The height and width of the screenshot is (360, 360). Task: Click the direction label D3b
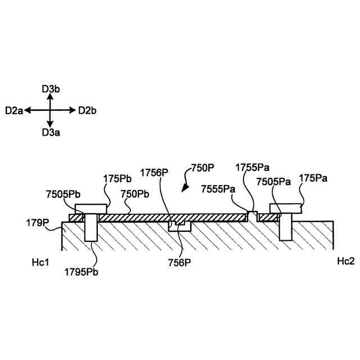[x=50, y=88]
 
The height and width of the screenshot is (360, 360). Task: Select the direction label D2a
[x=14, y=111]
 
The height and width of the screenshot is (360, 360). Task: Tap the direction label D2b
[x=87, y=111]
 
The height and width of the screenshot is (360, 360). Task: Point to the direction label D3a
[x=50, y=133]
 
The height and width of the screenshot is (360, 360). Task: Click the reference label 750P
[x=203, y=168]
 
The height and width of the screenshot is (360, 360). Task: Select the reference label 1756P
[x=154, y=172]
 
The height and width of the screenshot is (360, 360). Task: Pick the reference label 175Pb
[x=117, y=179]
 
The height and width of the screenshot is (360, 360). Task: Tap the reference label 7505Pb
[x=63, y=194]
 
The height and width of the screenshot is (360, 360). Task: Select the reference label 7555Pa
[x=218, y=189]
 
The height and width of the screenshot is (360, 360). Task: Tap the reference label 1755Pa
[x=252, y=167]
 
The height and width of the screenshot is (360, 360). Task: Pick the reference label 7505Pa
[x=273, y=181]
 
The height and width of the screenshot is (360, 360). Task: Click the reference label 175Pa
[x=313, y=178]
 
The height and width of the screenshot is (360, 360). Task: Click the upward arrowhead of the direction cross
[x=50, y=96]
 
